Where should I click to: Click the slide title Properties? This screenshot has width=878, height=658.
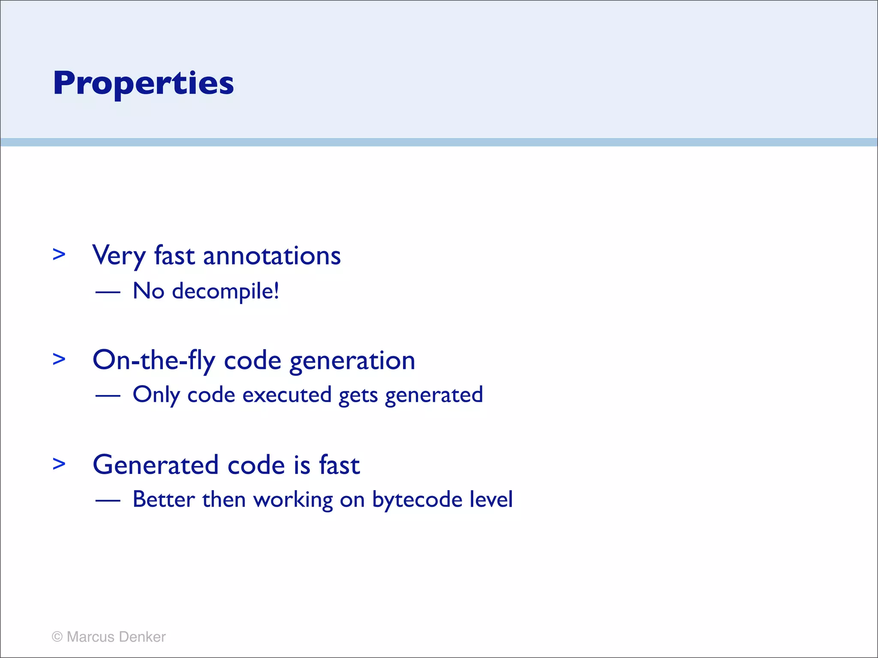pos(143,83)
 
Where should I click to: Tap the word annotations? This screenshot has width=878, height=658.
pos(271,256)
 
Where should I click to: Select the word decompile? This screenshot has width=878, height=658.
pos(226,292)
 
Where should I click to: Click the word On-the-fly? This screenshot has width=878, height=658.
pos(153,361)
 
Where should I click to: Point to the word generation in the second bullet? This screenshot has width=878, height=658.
pos(352,361)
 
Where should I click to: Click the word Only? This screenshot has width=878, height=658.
pos(156,395)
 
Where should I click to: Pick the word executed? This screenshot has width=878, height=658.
pos(287,395)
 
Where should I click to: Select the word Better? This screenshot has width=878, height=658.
pos(164,499)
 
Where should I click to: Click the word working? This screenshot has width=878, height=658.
pos(293,500)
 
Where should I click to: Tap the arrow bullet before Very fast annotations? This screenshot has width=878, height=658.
pos(59,254)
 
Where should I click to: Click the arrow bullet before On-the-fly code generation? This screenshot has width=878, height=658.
pos(59,359)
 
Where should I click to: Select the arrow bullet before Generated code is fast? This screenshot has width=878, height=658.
pos(59,464)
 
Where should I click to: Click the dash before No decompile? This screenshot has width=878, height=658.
pos(108,292)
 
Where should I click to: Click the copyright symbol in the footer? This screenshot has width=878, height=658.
pos(57,637)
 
